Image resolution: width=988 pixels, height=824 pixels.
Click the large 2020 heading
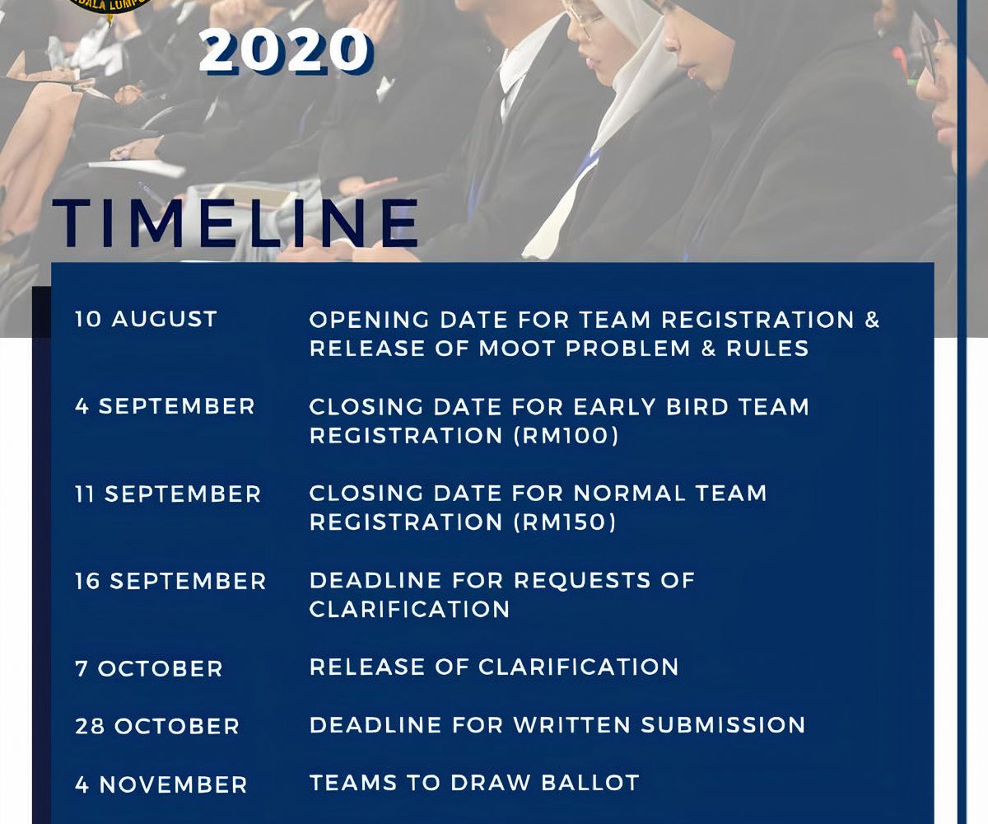287,50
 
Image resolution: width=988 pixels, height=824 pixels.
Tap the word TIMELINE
235,223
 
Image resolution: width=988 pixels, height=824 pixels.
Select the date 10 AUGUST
147,319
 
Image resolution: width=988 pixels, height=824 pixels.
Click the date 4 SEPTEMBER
165,406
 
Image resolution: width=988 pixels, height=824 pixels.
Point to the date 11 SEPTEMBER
168,494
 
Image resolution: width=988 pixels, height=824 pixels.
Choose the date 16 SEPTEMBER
170,581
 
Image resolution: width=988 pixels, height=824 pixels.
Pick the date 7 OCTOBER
148,668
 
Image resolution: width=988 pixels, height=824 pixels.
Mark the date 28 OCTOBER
157,727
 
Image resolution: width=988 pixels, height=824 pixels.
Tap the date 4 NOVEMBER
161,784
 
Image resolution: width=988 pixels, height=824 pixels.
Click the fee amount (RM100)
566,436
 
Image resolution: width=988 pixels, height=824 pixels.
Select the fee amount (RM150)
565,522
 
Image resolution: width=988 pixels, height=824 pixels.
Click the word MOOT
518,349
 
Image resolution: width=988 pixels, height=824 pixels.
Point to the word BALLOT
590,783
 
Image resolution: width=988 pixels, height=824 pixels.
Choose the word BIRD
697,407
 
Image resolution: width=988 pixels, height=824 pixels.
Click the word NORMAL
630,494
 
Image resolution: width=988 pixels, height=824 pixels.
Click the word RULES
767,349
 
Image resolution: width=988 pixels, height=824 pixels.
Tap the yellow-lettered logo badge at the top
110,7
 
